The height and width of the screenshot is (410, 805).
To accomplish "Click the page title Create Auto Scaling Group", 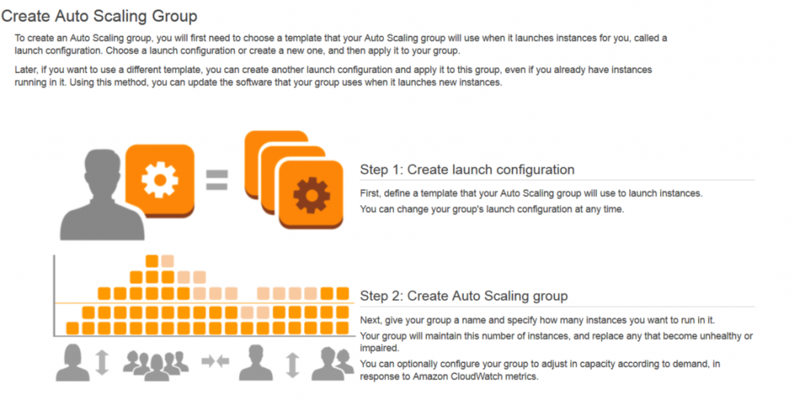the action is click(x=99, y=16).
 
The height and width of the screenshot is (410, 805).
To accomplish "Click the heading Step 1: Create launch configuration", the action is click(x=467, y=170).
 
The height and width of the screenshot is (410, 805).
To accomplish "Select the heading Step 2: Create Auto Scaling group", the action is click(x=464, y=296).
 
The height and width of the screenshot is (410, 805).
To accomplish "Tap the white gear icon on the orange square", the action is click(x=160, y=180).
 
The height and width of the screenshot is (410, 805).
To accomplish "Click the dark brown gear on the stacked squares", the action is click(x=311, y=195).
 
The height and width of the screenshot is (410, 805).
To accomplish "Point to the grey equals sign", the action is click(x=217, y=180).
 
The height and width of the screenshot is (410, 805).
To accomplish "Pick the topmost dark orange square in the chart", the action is click(x=152, y=262).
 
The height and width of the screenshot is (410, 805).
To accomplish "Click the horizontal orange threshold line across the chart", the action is click(x=204, y=304).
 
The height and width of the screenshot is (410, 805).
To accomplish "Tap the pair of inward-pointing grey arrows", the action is click(x=215, y=362).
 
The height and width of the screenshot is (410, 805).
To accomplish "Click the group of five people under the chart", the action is click(x=156, y=364).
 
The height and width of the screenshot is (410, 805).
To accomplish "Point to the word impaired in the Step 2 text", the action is click(x=379, y=349).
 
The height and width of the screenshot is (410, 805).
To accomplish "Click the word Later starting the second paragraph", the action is click(x=25, y=70).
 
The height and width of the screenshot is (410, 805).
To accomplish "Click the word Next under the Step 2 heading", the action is click(x=371, y=320).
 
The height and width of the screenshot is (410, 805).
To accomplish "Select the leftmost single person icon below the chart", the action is click(x=72, y=363).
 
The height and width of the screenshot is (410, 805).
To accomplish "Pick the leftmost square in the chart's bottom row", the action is click(x=73, y=328).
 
